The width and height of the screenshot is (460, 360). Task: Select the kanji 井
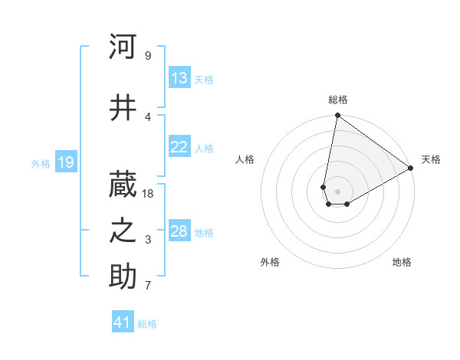[123, 108]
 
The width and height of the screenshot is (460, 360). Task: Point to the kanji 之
[123, 231]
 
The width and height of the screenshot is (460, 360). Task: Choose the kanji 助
[123, 277]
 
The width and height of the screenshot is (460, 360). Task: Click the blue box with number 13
[179, 78]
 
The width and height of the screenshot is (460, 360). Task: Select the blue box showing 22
[179, 147]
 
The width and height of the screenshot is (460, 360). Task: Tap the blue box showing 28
[179, 231]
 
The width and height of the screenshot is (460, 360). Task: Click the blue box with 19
[65, 162]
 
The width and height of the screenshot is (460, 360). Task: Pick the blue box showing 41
[123, 322]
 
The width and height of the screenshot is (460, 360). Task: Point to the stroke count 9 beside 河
[148, 56]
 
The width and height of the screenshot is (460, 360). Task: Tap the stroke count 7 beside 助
[148, 286]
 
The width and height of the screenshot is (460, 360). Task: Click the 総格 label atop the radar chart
[338, 100]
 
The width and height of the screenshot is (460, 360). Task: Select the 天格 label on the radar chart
[431, 159]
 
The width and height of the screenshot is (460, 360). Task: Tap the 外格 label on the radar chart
[270, 262]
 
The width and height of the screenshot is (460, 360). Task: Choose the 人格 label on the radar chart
[245, 159]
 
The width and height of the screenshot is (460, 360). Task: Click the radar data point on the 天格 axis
[410, 168]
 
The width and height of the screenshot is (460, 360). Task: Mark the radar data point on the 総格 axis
[337, 116]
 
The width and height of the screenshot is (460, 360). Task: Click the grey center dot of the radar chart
[337, 190]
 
